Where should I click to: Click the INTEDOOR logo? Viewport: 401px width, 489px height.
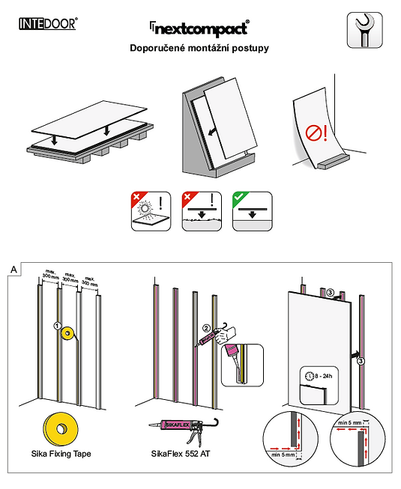[48, 24]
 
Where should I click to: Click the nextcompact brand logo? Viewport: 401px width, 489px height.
[199, 28]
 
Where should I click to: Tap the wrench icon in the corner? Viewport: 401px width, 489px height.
[364, 30]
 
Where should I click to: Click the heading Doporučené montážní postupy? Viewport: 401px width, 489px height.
[199, 48]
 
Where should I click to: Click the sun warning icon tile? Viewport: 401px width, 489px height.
[151, 211]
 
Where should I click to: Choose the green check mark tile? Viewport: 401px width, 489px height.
[252, 211]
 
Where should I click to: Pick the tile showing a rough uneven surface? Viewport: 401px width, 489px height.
[202, 211]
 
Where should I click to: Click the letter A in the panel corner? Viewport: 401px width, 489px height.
[13, 269]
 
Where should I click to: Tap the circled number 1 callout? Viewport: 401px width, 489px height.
[57, 326]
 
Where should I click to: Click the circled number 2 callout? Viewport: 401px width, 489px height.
[206, 328]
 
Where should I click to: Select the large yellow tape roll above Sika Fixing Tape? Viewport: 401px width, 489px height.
[61, 428]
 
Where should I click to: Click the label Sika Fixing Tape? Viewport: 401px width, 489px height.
[61, 454]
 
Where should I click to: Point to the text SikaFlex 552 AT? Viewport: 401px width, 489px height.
[181, 454]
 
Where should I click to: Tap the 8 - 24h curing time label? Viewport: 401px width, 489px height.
[324, 376]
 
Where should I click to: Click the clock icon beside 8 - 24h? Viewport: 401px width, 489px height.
[310, 376]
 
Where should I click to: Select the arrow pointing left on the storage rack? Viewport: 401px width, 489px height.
[213, 132]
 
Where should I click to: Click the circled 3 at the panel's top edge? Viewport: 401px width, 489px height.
[330, 293]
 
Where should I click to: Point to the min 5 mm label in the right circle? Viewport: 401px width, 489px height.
[350, 423]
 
